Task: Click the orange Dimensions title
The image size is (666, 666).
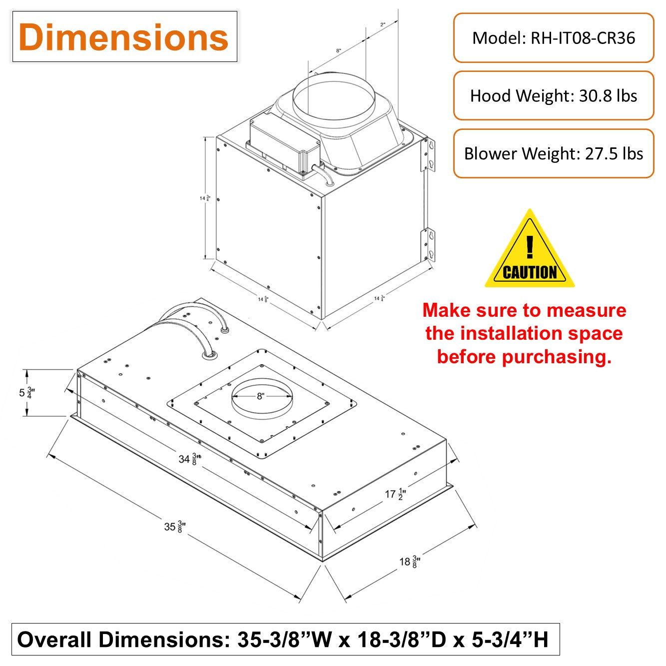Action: [123, 37]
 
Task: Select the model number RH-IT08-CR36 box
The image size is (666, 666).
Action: [554, 38]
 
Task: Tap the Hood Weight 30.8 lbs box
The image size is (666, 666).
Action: [554, 95]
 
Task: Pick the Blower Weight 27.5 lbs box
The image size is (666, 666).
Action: [554, 153]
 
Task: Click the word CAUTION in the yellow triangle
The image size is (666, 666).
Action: [530, 272]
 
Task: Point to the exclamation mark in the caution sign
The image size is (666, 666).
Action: [530, 246]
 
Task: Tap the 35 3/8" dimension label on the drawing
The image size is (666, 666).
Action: [175, 526]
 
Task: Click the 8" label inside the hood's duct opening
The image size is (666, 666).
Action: [260, 396]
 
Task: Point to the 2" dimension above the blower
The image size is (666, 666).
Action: [383, 24]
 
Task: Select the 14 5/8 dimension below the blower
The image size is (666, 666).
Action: [263, 299]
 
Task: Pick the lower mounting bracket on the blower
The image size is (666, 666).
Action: [429, 244]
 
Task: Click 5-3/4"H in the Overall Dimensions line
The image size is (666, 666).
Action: [510, 640]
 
